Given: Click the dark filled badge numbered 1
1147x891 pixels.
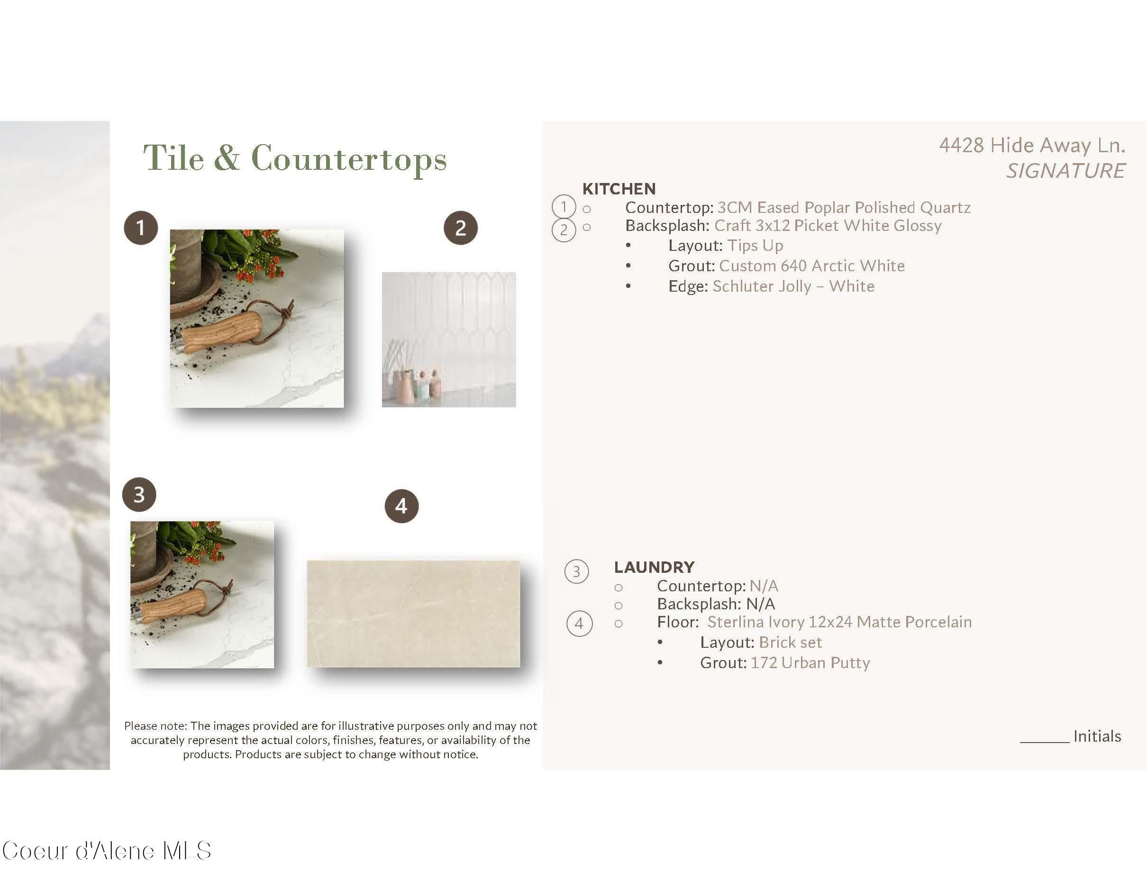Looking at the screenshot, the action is coord(141,228).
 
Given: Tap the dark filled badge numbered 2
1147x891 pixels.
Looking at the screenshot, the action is coord(461,228).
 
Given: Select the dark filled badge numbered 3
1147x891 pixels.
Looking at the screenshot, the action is coord(139,495).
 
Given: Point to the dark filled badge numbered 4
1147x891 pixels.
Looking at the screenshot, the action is coord(402,506).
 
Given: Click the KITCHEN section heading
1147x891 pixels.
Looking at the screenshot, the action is coord(619,189).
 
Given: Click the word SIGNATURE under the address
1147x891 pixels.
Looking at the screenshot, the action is coord(1065,171).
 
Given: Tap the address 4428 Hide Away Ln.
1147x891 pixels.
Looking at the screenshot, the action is coord(1032,145).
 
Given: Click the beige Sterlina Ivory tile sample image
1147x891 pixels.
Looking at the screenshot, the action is coord(413,614).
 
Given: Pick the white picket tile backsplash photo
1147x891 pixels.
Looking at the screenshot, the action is coord(448,340).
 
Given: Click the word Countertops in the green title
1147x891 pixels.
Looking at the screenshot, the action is coord(349,159).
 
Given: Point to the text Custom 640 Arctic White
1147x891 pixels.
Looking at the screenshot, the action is coord(812,266).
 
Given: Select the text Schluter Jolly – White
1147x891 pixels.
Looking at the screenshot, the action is coord(793,286).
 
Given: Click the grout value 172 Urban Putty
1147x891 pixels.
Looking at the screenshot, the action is coord(810,663).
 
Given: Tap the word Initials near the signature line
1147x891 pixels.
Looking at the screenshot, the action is coord(1097,736).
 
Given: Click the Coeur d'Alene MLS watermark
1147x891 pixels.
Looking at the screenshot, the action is coord(107,851).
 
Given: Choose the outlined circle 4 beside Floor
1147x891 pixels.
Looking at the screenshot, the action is coord(579,624).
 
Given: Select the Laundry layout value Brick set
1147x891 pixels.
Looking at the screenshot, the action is coord(791,643).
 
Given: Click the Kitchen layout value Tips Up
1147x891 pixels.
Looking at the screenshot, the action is coord(755,246).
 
